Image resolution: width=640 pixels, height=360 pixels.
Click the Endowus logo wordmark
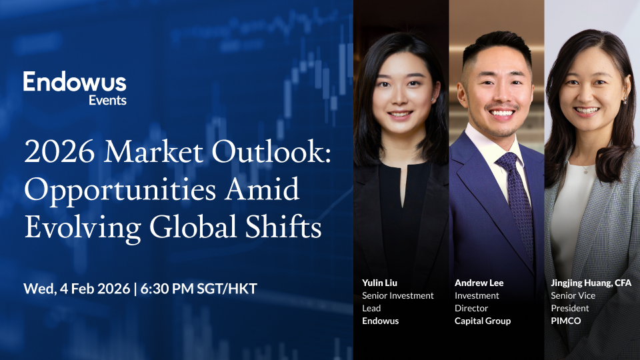[x=75, y=83]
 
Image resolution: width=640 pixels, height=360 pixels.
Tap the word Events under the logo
[x=107, y=101]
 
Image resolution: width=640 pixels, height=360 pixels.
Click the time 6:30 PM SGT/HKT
[x=200, y=289]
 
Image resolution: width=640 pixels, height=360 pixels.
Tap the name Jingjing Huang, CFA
[x=591, y=283]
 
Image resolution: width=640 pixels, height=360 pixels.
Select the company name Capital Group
[x=483, y=321]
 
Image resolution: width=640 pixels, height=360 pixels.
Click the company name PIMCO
[x=566, y=321]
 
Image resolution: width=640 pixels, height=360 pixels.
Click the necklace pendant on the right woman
[x=585, y=170]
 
